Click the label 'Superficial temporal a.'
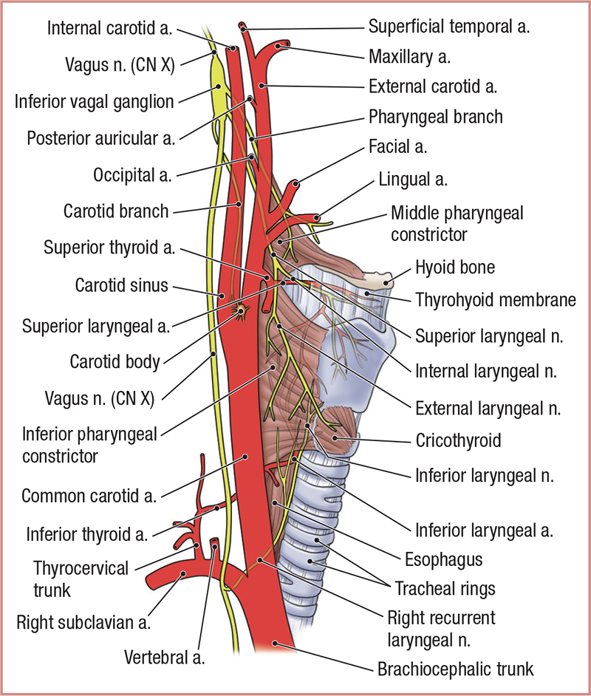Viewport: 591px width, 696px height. [450, 28]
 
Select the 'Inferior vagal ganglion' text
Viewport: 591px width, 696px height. [94, 100]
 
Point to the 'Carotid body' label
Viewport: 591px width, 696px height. [115, 362]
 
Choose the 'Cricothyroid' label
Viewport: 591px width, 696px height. [458, 441]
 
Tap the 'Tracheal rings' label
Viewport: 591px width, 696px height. [445, 589]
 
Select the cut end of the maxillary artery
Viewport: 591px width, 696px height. [281, 47]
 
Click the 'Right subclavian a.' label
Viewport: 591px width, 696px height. [83, 622]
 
